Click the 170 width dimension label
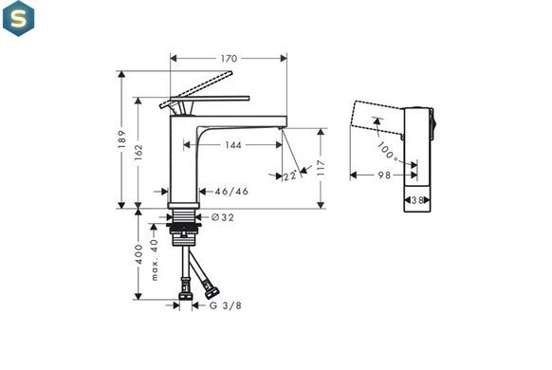pyautogui.click(x=229, y=59)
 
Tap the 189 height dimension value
pyautogui.click(x=122, y=139)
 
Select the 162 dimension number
pyautogui.click(x=138, y=153)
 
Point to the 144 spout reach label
pyautogui.click(x=233, y=145)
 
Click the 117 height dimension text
pyautogui.click(x=321, y=168)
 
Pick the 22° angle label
pyautogui.click(x=290, y=175)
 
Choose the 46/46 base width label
pyautogui.click(x=231, y=191)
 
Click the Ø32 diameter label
pyautogui.click(x=223, y=217)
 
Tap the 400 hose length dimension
pyautogui.click(x=139, y=254)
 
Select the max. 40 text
pyautogui.click(x=155, y=259)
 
